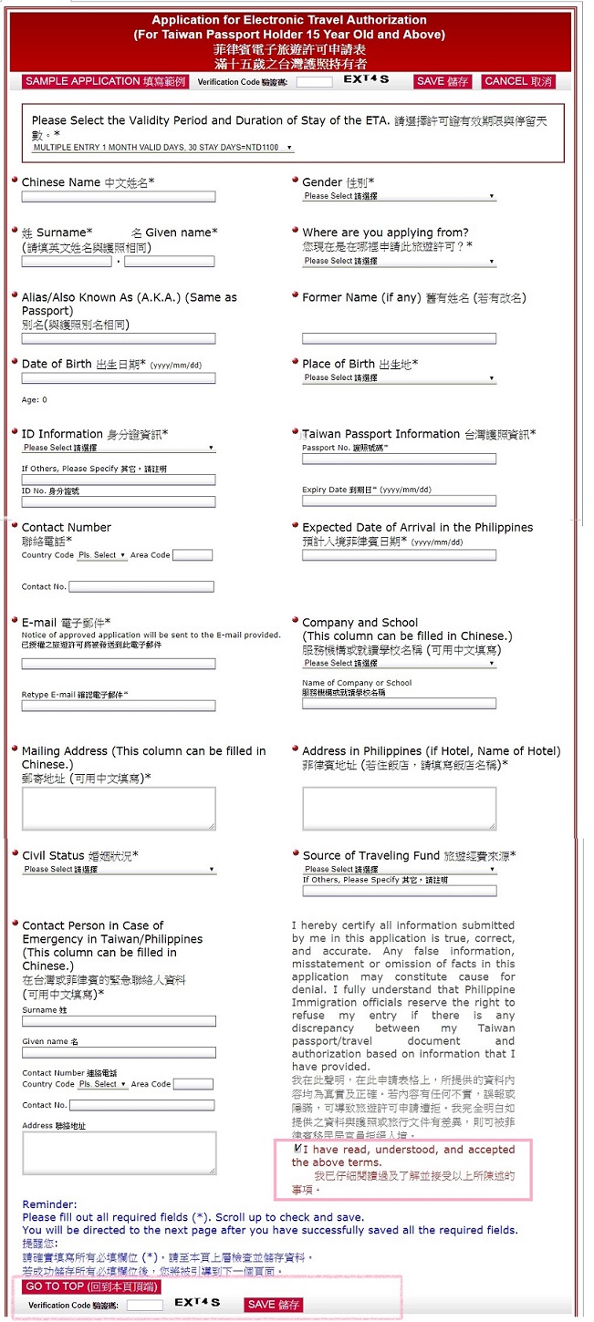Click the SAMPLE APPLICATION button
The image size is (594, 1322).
(105, 81)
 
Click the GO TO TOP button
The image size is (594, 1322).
(91, 1286)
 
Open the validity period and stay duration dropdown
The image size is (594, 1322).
(162, 147)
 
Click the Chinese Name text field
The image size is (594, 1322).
(119, 197)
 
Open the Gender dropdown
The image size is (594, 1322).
(399, 196)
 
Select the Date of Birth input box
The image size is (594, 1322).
(119, 378)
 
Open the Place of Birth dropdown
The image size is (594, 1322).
(399, 377)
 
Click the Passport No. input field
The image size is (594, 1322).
(399, 460)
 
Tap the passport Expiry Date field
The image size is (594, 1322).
(399, 501)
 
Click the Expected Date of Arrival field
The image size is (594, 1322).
(399, 554)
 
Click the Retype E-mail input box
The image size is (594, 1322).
(119, 706)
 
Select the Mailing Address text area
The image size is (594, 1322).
(119, 809)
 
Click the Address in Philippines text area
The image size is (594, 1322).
(399, 809)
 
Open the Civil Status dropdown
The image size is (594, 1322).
(119, 870)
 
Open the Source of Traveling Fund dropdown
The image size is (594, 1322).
(399, 870)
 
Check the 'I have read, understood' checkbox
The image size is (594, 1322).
(298, 1149)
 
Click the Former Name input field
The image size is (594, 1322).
(399, 338)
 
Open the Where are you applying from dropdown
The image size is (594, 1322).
(399, 261)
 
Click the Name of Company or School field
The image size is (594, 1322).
(399, 704)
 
